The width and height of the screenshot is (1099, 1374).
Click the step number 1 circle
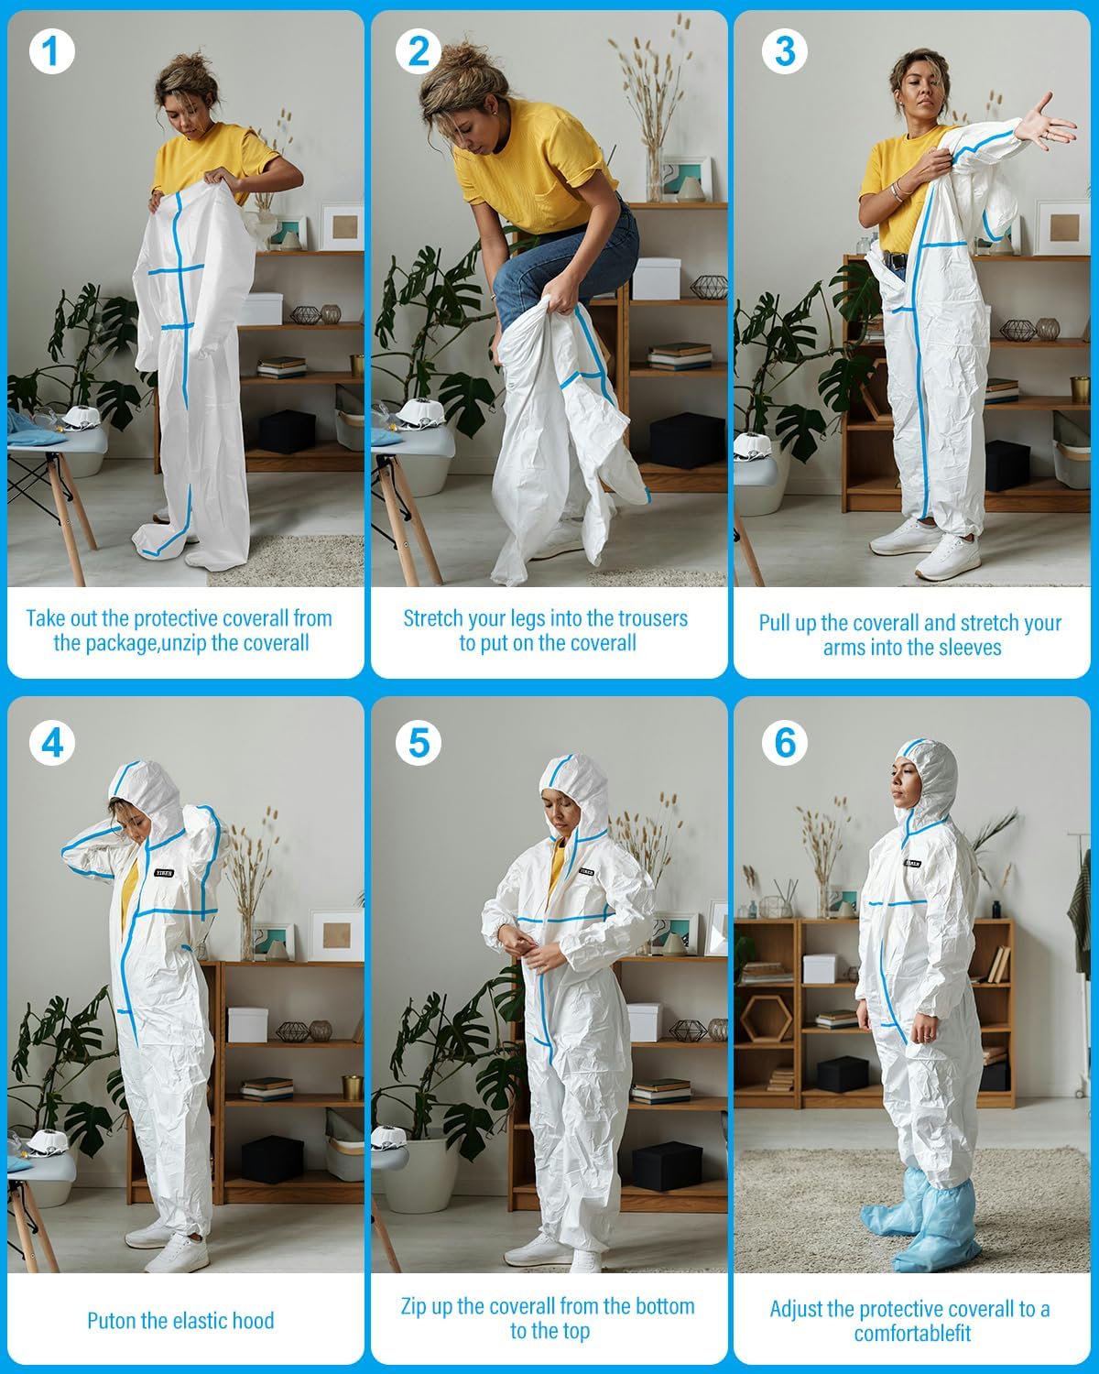pyautogui.click(x=51, y=52)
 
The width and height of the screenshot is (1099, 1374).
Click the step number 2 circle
pyautogui.click(x=418, y=52)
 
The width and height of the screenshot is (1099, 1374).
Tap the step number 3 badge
pyautogui.click(x=784, y=52)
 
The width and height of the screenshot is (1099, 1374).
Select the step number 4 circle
pyautogui.click(x=51, y=742)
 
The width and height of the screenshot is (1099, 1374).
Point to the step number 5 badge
pyautogui.click(x=418, y=742)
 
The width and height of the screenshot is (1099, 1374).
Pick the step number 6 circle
pyautogui.click(x=784, y=742)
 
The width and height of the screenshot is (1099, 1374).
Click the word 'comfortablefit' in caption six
pyautogui.click(x=912, y=1334)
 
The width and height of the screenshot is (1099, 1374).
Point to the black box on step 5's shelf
pyautogui.click(x=667, y=1166)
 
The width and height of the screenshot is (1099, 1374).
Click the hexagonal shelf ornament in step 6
pyautogui.click(x=767, y=1019)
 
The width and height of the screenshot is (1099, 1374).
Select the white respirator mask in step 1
pyautogui.click(x=83, y=423)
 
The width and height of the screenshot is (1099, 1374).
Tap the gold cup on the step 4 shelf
pyautogui.click(x=352, y=1087)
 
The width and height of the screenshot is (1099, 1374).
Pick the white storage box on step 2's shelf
pyautogui.click(x=656, y=278)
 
